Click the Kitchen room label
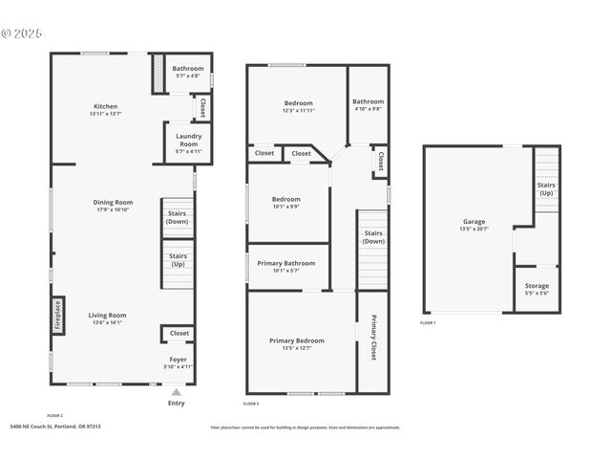(x=106, y=106)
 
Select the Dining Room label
(x=113, y=202)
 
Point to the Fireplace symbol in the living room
(x=57, y=315)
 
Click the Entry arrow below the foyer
(x=176, y=392)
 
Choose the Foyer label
(x=179, y=360)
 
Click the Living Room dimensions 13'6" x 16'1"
(x=108, y=322)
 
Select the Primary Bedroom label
(x=296, y=340)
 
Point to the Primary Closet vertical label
(x=373, y=337)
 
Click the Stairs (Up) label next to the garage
(x=546, y=188)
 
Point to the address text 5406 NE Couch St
(x=55, y=427)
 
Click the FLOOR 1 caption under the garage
(x=429, y=323)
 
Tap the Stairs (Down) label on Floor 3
(x=373, y=237)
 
